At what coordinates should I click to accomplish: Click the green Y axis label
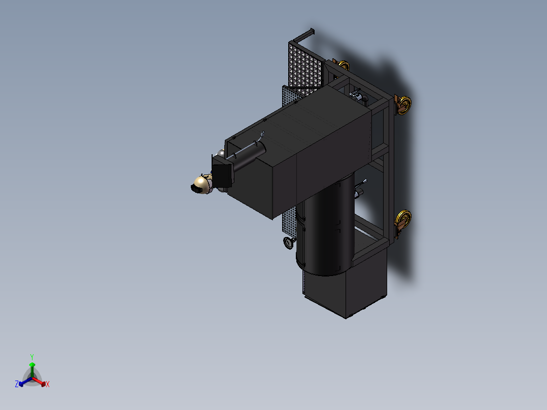pyautogui.click(x=32, y=357)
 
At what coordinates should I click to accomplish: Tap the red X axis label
pyautogui.click(x=48, y=384)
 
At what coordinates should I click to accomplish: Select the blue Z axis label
pyautogui.click(x=17, y=384)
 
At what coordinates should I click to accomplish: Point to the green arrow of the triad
pyautogui.click(x=32, y=370)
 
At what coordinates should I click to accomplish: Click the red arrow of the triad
pyautogui.click(x=39, y=382)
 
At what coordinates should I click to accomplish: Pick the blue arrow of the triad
pyautogui.click(x=25, y=382)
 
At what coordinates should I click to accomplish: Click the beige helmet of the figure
pyautogui.click(x=201, y=184)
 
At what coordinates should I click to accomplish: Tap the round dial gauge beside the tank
pyautogui.click(x=289, y=243)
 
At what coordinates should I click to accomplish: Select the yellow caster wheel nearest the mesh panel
pyautogui.click(x=343, y=65)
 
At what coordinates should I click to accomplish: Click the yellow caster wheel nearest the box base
pyautogui.click(x=403, y=220)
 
